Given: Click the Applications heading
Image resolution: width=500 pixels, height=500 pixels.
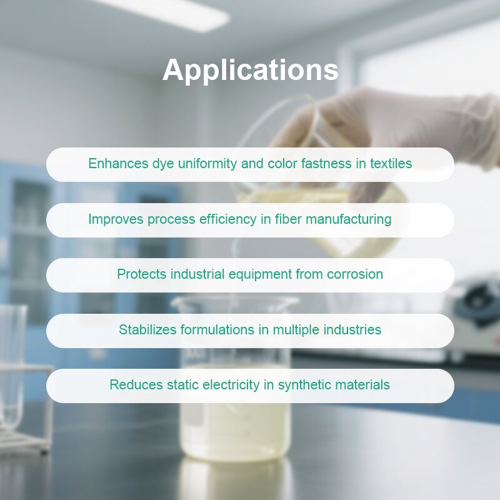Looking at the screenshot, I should (x=250, y=70).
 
